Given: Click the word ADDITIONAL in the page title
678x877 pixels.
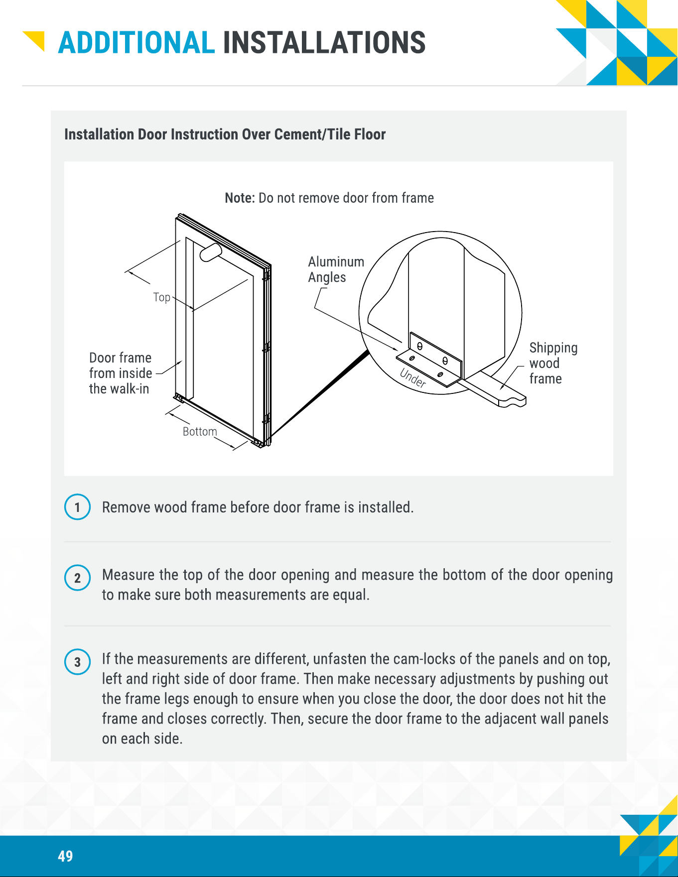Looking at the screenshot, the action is (x=136, y=42).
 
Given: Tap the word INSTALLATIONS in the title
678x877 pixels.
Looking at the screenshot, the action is (x=324, y=42).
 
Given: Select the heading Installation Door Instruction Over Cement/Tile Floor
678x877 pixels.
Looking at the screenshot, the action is (x=225, y=134).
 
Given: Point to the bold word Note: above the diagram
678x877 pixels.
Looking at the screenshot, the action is (x=240, y=198).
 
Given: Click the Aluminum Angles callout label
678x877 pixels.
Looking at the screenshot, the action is (x=336, y=269).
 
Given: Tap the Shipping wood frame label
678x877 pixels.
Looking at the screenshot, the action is (x=553, y=363).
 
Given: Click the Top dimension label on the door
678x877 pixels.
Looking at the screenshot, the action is (x=161, y=297).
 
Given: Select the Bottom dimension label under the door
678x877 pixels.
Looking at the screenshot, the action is (x=200, y=431).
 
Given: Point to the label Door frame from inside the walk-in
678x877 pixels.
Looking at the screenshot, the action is (x=121, y=373).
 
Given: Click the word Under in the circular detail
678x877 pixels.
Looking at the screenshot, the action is (x=413, y=378).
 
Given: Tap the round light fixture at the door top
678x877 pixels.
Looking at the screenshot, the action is (x=211, y=252).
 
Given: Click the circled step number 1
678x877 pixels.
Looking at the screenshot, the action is (x=78, y=507).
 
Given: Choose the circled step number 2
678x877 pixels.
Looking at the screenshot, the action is (x=78, y=578).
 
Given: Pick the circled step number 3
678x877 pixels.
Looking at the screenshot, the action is (x=78, y=662).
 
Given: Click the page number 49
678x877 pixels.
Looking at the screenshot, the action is (x=65, y=856).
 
